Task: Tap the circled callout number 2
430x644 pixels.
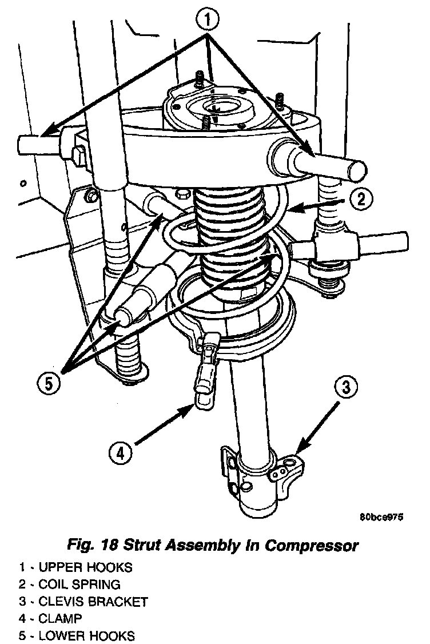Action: coord(360,200)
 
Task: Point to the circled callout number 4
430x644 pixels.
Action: coord(120,454)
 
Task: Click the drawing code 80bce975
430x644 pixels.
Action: coord(381,517)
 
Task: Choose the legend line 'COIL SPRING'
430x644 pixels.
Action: coord(79,585)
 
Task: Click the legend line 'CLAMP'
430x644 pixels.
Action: coord(59,618)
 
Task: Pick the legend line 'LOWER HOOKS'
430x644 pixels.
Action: coord(86,635)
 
